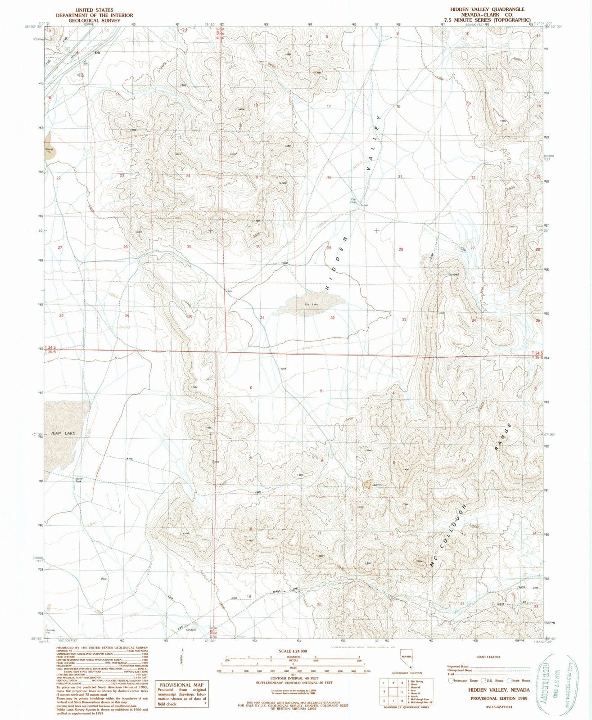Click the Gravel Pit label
point(49,149)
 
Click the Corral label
point(364,205)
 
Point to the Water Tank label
point(79,480)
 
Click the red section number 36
point(190,316)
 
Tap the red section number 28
point(401,249)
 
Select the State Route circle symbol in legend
point(511,681)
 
